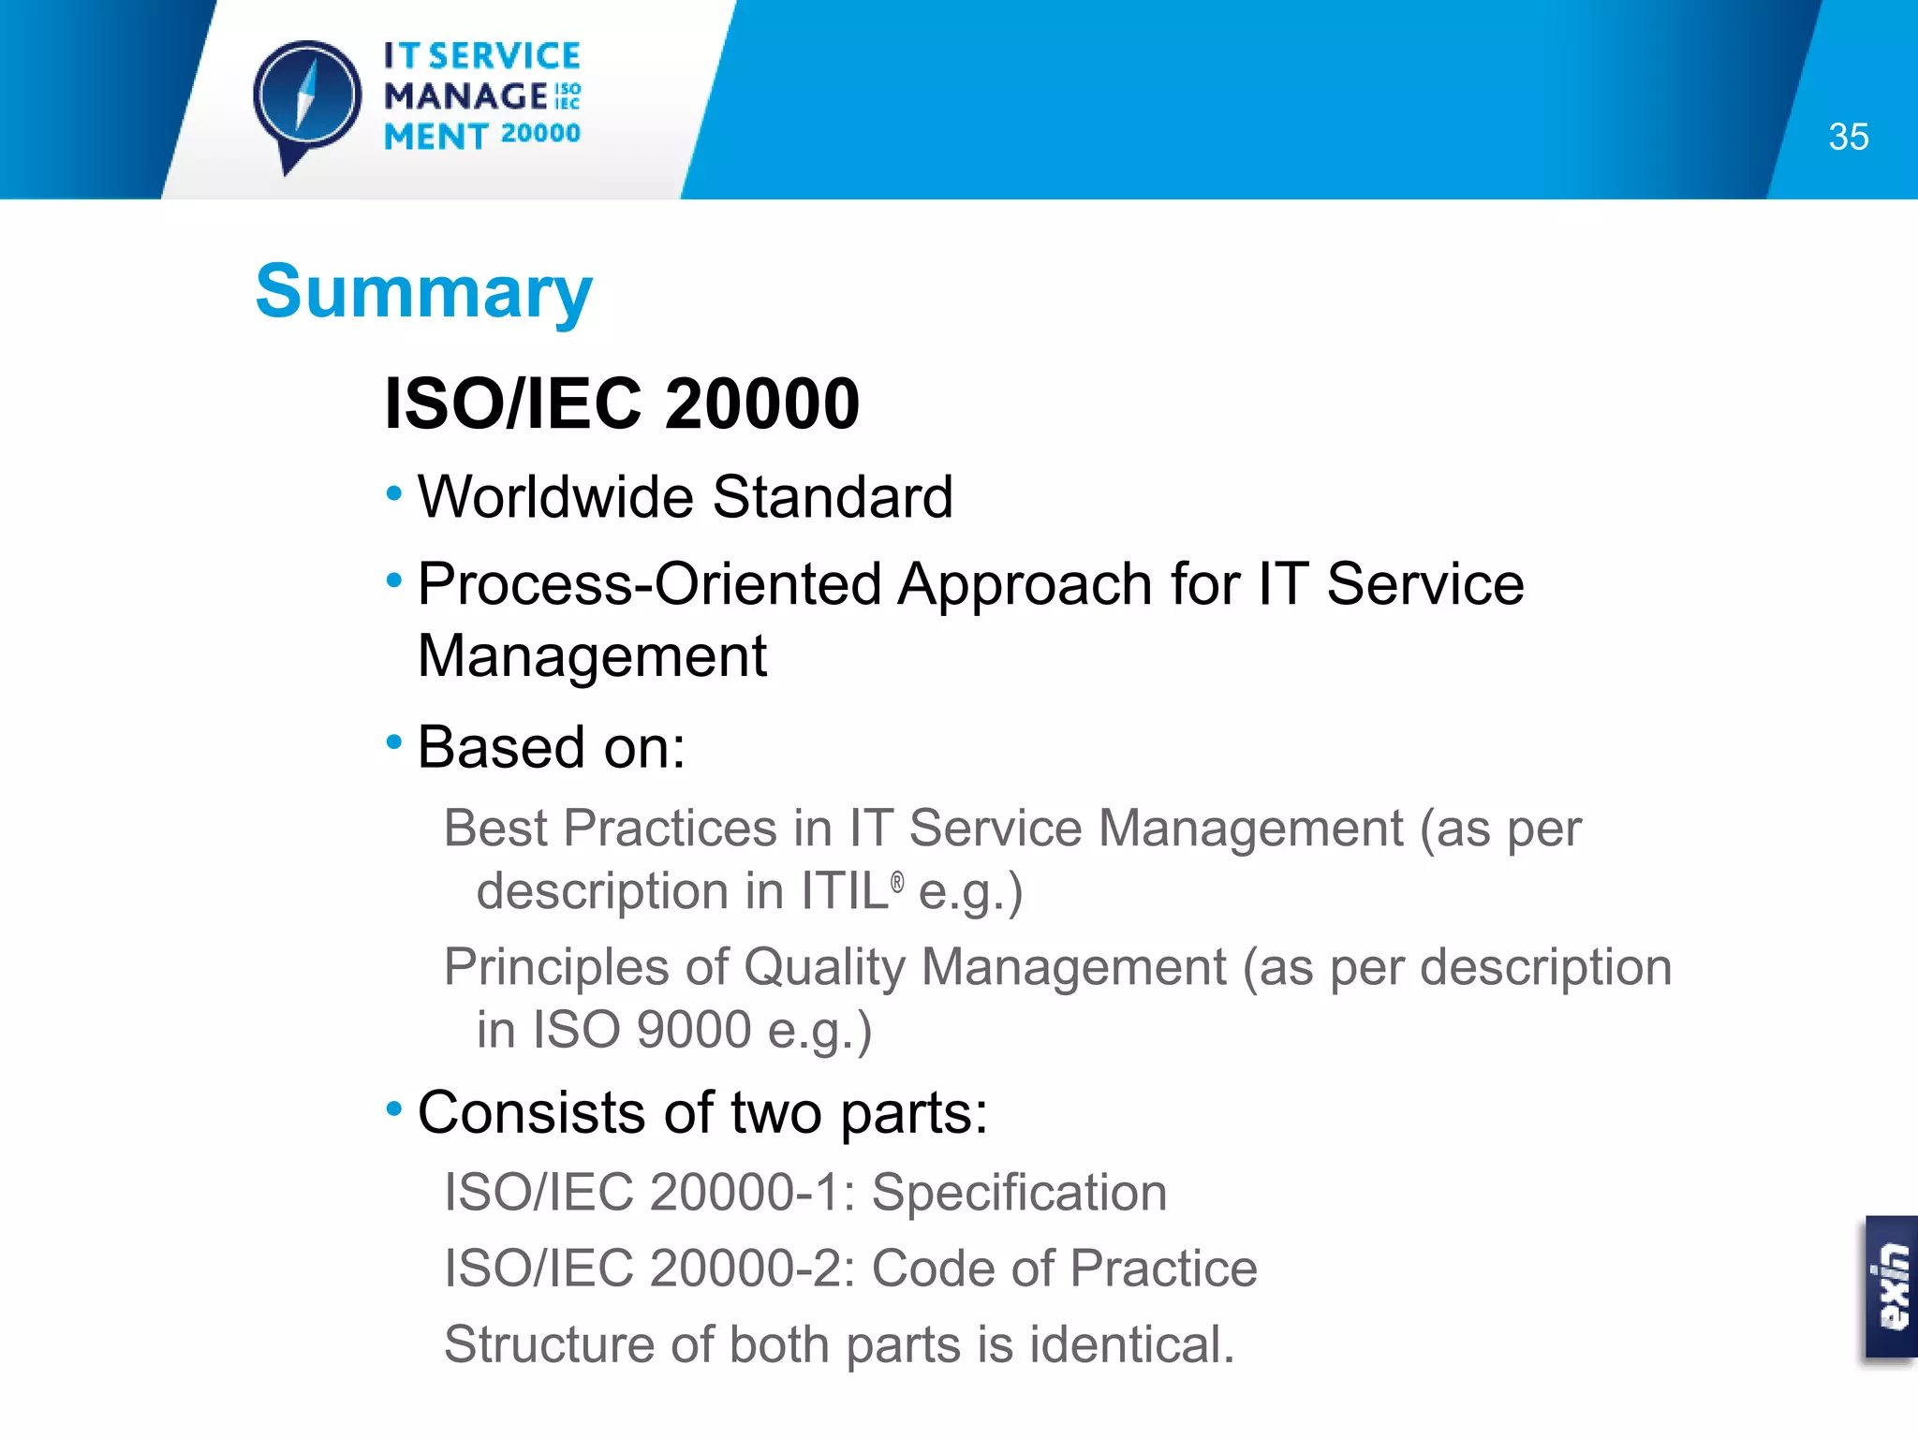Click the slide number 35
pyautogui.click(x=1848, y=138)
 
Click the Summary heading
pyautogui.click(x=423, y=292)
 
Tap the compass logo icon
pyautogui.click(x=307, y=99)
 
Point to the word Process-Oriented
pyautogui.click(x=649, y=584)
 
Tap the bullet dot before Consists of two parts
pyautogui.click(x=394, y=1109)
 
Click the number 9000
pyautogui.click(x=694, y=1030)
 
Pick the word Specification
pyautogui.click(x=1019, y=1193)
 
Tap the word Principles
pyautogui.click(x=559, y=967)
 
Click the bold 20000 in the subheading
pyautogui.click(x=762, y=404)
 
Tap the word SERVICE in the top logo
pyautogui.click(x=505, y=56)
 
